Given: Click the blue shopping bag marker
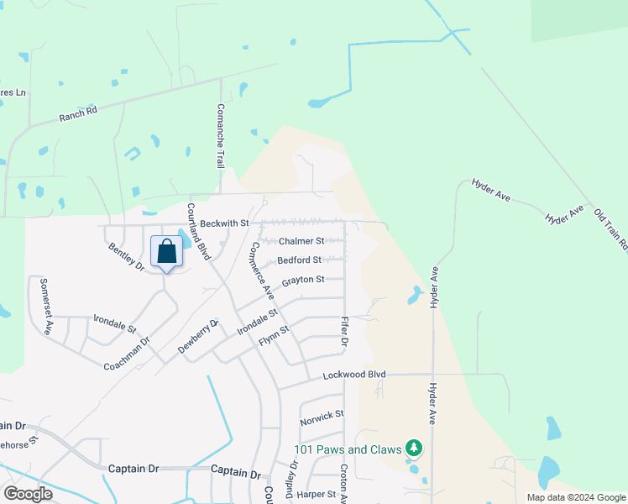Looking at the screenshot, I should click(166, 252).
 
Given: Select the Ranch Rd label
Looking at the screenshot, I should click(78, 114).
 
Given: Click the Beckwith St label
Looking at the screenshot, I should click(225, 223).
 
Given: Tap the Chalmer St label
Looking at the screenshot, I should click(301, 242).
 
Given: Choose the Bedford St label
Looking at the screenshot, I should click(301, 260).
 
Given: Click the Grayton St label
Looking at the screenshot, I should click(303, 280).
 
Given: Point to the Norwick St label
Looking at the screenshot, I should click(322, 415).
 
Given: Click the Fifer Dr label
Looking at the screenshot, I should click(344, 333).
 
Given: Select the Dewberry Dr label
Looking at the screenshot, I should click(197, 336).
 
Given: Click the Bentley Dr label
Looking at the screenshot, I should click(126, 256).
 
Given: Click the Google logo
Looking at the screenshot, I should click(28, 494).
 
